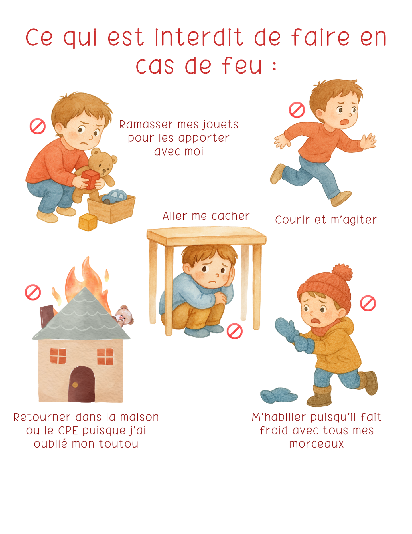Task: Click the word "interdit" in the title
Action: point(199,37)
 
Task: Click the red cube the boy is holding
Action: point(90,179)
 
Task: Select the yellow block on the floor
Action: point(88,222)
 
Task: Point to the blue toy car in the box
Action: point(114,197)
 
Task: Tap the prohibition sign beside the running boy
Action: point(297,110)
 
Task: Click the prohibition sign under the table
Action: point(235,331)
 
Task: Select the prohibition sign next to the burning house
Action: point(33,292)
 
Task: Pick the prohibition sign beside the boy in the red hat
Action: point(368,303)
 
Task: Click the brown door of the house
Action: point(82,384)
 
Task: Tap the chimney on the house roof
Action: point(47,315)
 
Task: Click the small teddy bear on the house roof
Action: point(124,315)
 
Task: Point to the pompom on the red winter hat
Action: point(342,273)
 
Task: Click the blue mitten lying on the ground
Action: point(279,395)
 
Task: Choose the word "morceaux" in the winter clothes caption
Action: point(317,444)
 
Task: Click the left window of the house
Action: point(58,356)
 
